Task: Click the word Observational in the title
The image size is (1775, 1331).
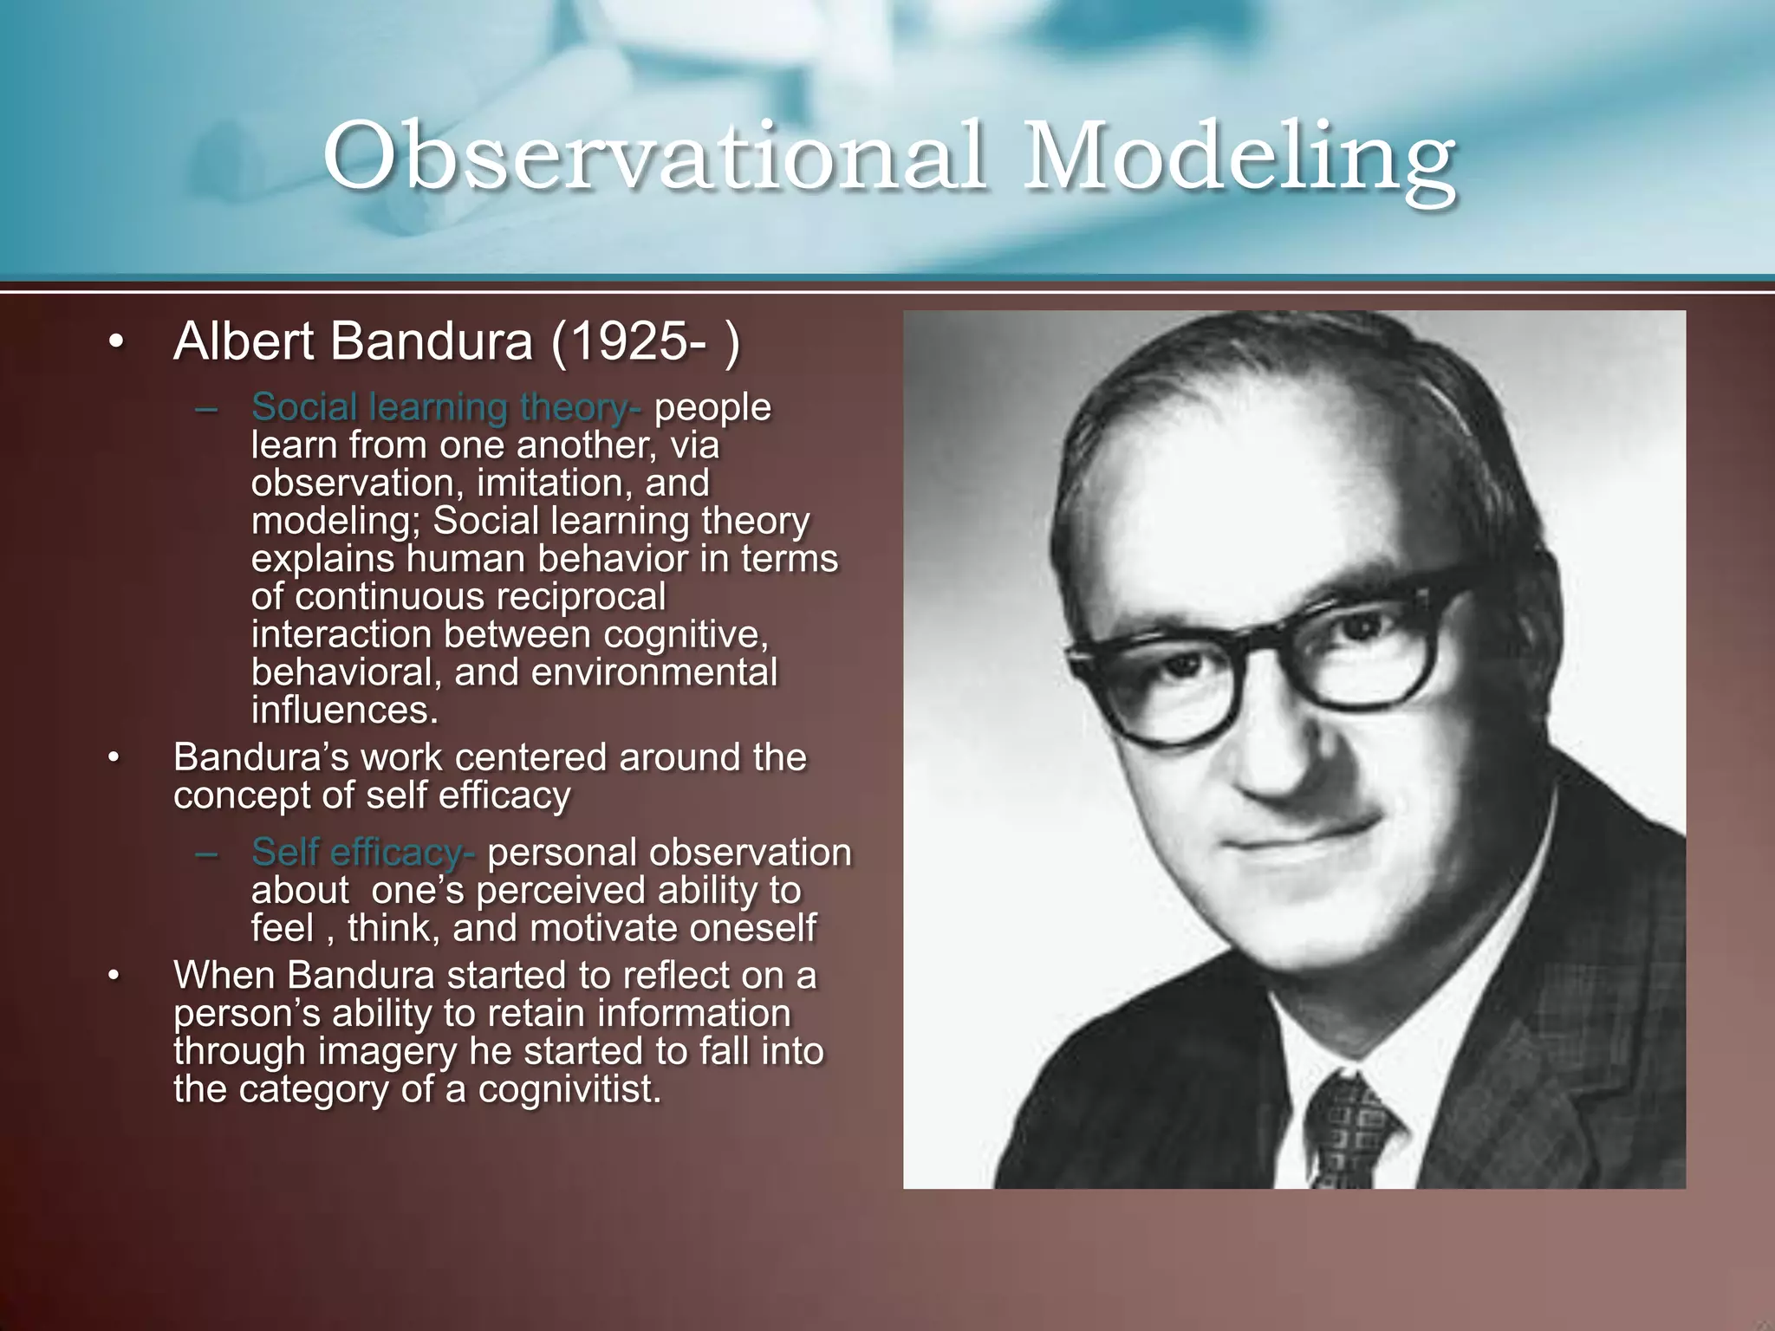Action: point(654,156)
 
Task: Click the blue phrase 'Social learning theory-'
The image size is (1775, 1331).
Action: point(446,407)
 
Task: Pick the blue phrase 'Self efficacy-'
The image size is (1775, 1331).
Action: point(362,853)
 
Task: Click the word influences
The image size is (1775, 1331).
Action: point(344,711)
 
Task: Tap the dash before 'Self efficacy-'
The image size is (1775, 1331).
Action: point(206,854)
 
